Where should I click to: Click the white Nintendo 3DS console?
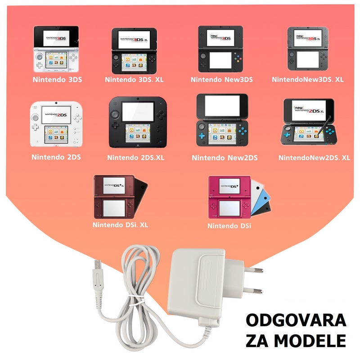click(x=56, y=49)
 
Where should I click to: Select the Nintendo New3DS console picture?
click(x=221, y=49)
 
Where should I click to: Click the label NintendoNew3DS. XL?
click(x=307, y=79)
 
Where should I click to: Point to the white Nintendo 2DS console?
click(x=56, y=124)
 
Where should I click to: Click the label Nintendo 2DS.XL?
click(x=136, y=157)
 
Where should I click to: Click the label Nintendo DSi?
click(x=229, y=225)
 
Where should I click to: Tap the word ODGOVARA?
click(x=296, y=321)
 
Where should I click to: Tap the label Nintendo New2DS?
click(x=225, y=157)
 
